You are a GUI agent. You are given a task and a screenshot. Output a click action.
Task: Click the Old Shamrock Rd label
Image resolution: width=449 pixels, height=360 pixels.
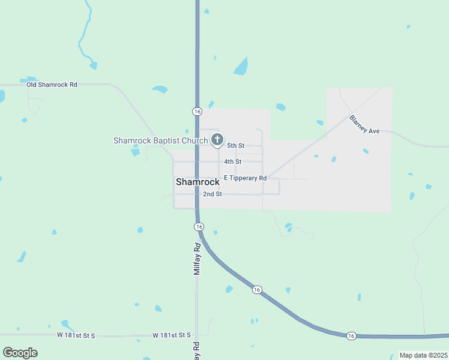52,85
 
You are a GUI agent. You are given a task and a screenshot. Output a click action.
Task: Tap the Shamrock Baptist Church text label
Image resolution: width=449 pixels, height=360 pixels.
160,140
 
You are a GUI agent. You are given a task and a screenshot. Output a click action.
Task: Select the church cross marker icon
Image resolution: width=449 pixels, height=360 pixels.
217,139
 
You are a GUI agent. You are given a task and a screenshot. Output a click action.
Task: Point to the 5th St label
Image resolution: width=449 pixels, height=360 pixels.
235,146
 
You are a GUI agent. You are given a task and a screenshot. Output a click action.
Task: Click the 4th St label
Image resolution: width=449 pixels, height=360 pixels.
233,161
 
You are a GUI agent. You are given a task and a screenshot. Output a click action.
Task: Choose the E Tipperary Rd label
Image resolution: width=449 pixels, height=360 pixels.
245,178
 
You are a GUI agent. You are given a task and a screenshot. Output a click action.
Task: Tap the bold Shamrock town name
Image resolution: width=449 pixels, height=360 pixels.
197,182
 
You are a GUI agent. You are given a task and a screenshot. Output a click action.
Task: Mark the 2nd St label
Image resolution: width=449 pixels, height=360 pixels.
212,194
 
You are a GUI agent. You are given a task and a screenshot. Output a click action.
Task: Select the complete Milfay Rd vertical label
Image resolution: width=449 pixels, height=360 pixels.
196,259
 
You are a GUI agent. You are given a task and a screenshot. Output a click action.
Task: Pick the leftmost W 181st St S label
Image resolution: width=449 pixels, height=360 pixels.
76,335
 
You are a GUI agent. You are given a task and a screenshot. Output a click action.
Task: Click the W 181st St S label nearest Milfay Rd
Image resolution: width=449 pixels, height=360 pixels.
171,335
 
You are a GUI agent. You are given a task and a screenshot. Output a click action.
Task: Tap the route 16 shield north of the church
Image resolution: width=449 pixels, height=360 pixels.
197,112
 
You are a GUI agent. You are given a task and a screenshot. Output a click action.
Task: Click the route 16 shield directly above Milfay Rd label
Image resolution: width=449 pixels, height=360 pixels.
199,226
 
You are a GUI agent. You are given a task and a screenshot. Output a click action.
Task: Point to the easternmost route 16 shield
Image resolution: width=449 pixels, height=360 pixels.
351,335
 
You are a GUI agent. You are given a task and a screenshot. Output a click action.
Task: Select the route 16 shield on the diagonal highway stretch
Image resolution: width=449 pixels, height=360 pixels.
257,289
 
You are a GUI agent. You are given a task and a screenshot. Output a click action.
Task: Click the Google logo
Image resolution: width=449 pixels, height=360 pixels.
20,352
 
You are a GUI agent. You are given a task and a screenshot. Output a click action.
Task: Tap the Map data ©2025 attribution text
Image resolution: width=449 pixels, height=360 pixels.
423,355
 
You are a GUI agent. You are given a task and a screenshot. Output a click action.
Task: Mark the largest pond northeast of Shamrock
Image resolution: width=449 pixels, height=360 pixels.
240,66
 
